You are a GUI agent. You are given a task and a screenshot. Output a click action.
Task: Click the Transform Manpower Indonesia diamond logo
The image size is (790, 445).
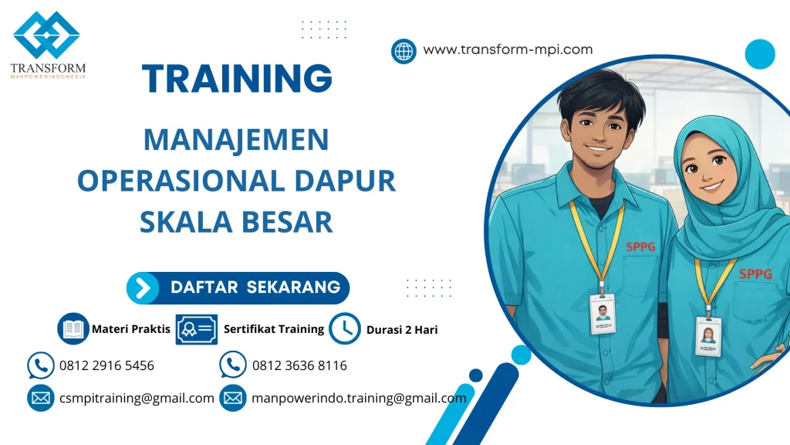click(46, 36)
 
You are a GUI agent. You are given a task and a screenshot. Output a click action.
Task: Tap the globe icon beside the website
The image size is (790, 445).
click(403, 51)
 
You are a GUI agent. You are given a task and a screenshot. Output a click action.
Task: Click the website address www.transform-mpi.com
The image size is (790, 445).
click(508, 49)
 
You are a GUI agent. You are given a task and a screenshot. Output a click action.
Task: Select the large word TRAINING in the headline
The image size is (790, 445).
click(238, 79)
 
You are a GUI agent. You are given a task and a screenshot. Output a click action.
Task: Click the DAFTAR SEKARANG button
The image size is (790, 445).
click(238, 287)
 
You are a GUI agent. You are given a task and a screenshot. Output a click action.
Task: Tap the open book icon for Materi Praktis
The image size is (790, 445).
click(73, 328)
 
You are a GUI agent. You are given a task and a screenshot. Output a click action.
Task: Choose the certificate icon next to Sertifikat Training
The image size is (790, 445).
click(196, 329)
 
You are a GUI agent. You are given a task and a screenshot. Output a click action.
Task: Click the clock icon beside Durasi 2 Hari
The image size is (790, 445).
click(344, 329)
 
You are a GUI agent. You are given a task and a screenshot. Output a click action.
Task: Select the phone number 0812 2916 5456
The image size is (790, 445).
click(106, 365)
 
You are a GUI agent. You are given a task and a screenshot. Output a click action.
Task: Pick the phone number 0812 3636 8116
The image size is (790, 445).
click(299, 365)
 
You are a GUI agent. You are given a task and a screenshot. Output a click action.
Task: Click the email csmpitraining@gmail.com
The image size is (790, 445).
click(137, 399)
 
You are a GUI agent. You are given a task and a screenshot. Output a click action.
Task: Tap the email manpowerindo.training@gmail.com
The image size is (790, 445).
click(359, 399)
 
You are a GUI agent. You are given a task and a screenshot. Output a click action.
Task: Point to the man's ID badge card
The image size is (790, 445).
click(602, 313)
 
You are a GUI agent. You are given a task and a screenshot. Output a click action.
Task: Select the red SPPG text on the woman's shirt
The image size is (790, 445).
click(755, 273)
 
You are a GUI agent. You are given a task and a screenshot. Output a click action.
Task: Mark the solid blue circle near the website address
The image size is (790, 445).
click(759, 54)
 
